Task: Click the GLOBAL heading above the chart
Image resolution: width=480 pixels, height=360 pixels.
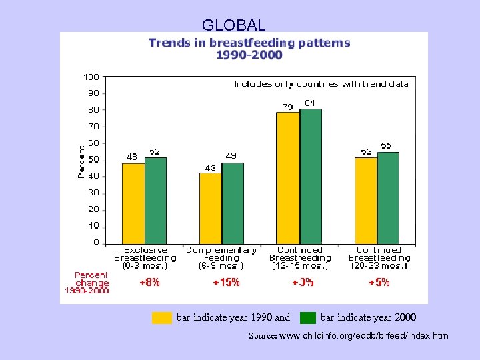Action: pos(233,25)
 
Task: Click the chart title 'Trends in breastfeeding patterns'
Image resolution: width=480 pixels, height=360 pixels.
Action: pos(249,43)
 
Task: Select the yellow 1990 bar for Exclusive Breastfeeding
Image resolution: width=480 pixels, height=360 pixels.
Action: pos(133,203)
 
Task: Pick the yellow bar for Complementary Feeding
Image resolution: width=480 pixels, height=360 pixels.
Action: pos(211,208)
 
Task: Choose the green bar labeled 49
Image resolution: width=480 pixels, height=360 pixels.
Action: pos(233,203)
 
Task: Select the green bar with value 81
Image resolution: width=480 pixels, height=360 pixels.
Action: pos(311,176)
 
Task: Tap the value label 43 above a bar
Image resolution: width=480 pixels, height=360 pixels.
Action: pos(210,168)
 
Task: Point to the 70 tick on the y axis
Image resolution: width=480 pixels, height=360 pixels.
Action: pos(93,126)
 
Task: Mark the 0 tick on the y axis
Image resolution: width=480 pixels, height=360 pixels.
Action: pos(96,242)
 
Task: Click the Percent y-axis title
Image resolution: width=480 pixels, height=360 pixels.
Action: pos(81,161)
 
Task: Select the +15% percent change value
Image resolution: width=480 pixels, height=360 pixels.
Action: pos(226,282)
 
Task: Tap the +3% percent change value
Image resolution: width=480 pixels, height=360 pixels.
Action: pos(303,282)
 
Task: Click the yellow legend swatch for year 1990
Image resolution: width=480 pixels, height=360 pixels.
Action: pos(162,318)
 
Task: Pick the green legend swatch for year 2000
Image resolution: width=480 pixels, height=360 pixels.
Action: pos(308,318)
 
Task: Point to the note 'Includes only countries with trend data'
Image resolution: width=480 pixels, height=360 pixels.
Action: pos(321,84)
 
